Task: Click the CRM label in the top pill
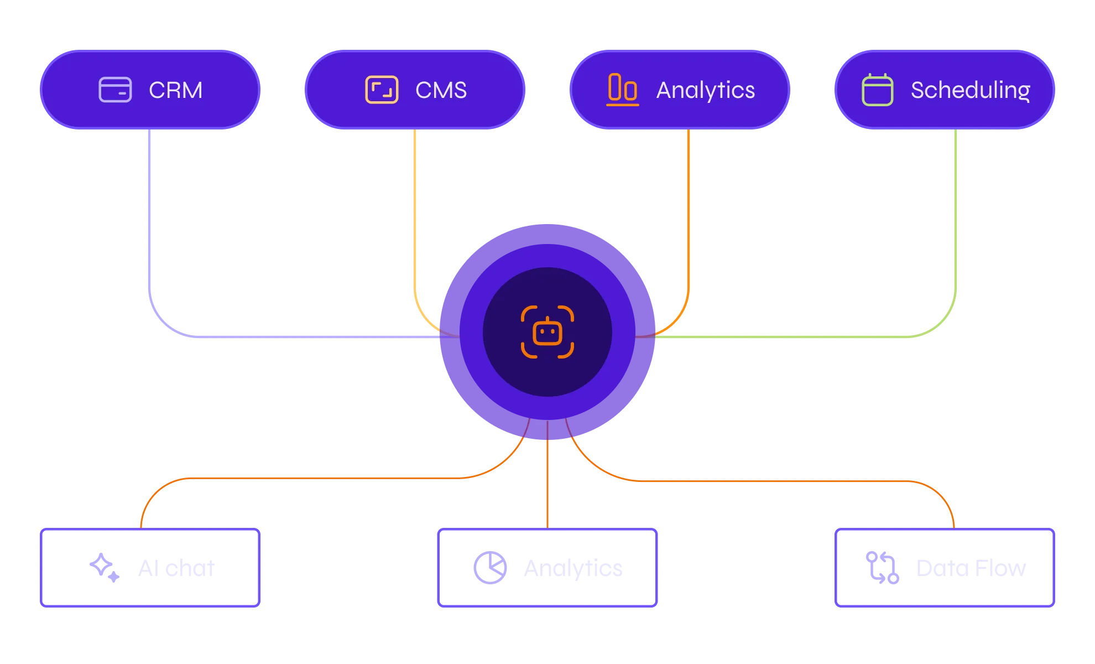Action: coord(175,90)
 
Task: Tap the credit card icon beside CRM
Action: coord(115,90)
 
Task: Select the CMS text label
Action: coord(441,90)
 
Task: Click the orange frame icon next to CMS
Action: coord(382,90)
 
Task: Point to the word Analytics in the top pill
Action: coord(705,90)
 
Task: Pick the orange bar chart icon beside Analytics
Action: coord(623,89)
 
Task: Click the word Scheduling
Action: coord(970,90)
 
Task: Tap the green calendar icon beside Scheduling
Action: coord(877,90)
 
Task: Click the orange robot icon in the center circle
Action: coord(547,332)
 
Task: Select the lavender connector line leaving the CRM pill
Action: coord(150,221)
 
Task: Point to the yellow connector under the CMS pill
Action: coord(415,221)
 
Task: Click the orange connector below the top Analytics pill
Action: coord(688,221)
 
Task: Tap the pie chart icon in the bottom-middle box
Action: coord(490,567)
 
